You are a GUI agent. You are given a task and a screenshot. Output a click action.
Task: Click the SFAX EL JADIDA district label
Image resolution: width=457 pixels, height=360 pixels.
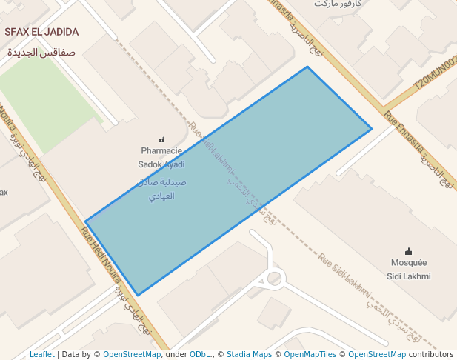(x=41, y=32)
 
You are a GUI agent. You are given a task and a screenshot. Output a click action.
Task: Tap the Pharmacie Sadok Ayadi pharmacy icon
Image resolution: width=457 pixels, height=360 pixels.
(x=162, y=139)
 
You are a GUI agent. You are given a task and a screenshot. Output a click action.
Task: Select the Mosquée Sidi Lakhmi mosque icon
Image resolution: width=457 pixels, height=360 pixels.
(x=409, y=251)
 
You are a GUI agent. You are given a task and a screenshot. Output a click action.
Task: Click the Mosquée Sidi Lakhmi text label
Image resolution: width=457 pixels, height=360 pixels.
(x=409, y=270)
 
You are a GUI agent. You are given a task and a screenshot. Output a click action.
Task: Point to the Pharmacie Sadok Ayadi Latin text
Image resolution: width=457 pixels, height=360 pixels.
(x=161, y=157)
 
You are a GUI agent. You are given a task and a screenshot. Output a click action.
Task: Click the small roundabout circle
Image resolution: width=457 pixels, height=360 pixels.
(x=275, y=279)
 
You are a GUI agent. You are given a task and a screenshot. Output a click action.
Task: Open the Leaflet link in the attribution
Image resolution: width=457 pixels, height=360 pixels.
(x=41, y=354)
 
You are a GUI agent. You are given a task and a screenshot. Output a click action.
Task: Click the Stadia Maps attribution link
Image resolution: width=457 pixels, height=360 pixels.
(x=249, y=354)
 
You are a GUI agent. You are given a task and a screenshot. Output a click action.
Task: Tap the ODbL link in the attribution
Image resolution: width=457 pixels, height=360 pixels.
(x=200, y=354)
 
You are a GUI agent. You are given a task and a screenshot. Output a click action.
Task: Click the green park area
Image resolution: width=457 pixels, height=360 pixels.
(x=44, y=104)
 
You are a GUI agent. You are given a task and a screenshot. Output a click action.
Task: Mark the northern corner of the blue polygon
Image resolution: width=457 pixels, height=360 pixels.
(x=307, y=67)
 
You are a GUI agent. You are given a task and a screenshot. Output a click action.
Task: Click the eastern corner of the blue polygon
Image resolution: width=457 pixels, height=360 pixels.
(x=371, y=129)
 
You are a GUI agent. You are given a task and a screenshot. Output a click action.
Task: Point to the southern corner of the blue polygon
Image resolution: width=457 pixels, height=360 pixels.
(x=138, y=295)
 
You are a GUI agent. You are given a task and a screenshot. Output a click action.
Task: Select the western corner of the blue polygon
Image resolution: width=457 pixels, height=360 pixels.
(x=86, y=221)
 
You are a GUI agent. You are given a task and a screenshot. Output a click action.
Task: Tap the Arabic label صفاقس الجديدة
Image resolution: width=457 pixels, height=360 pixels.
(x=41, y=53)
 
